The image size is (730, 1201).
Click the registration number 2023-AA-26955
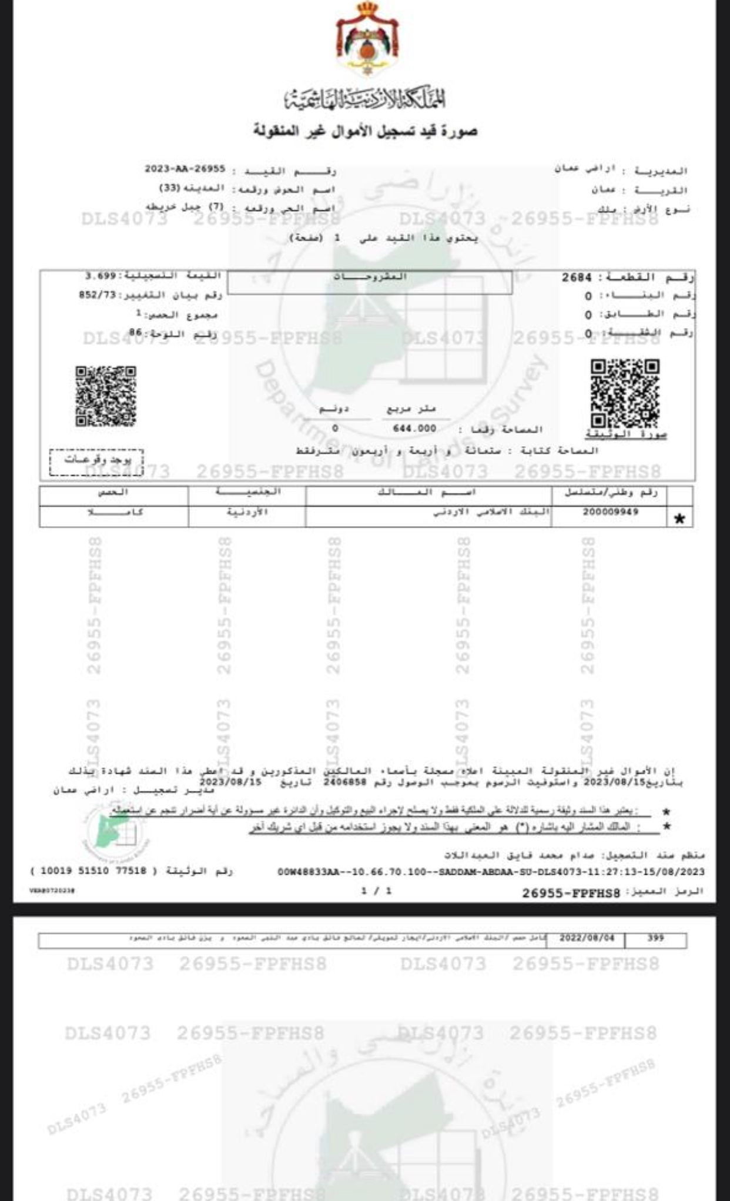[185, 169]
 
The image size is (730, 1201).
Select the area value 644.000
[414, 429]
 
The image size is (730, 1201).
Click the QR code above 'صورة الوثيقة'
[625, 393]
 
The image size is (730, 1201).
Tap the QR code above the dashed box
[106, 396]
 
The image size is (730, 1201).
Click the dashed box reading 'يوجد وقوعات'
[97, 460]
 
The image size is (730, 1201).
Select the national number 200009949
[610, 511]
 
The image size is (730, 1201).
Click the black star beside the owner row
[680, 519]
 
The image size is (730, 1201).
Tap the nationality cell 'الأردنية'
[247, 512]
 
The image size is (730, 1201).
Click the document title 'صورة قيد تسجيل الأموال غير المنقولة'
[365, 131]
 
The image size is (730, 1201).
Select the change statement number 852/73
[98, 295]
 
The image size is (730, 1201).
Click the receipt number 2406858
[345, 782]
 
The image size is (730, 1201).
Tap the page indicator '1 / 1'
[376, 891]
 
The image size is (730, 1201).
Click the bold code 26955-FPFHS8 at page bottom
[571, 894]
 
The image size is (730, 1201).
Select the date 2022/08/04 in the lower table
[587, 938]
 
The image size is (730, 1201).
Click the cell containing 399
[655, 938]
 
